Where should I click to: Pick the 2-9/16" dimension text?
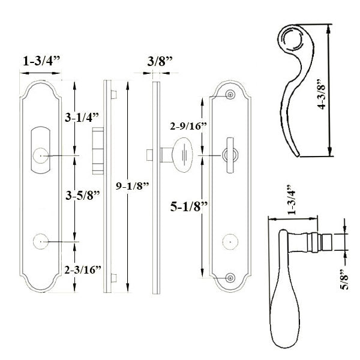coord(188,126)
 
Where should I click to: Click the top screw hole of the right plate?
coord(231,94)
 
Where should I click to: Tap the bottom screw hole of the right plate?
coord(231,277)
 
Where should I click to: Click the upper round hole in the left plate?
coord(40,155)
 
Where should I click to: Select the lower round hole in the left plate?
coord(40,242)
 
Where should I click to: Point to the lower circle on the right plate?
coord(227,242)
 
